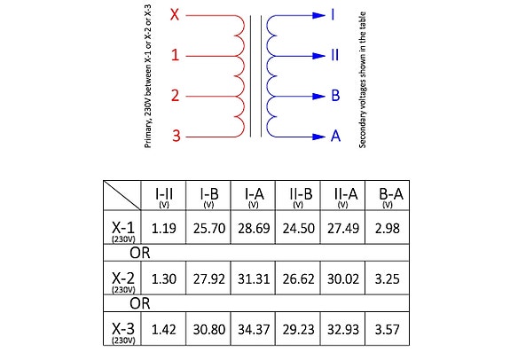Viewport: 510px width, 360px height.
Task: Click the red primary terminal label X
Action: (x=175, y=15)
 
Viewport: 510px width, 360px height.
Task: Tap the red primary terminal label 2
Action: (x=176, y=96)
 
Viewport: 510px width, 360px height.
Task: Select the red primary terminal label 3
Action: (x=176, y=136)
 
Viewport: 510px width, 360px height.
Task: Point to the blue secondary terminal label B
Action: (x=335, y=96)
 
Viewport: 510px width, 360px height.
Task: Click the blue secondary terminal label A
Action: (x=335, y=136)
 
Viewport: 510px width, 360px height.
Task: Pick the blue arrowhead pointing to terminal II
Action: (x=318, y=56)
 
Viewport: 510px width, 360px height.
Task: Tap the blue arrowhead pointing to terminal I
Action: (x=318, y=15)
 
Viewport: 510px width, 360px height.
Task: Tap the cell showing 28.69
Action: (x=254, y=228)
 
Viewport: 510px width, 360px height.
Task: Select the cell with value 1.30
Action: (x=163, y=279)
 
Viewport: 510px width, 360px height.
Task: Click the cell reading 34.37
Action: (x=254, y=330)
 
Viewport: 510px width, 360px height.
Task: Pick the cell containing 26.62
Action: (x=298, y=279)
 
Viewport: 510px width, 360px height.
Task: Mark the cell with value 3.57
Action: (x=387, y=330)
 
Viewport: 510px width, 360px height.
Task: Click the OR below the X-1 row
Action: (x=140, y=253)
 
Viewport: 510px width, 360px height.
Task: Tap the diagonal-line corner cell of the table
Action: (x=122, y=195)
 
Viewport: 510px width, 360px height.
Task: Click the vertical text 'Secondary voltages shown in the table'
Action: (x=363, y=80)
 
